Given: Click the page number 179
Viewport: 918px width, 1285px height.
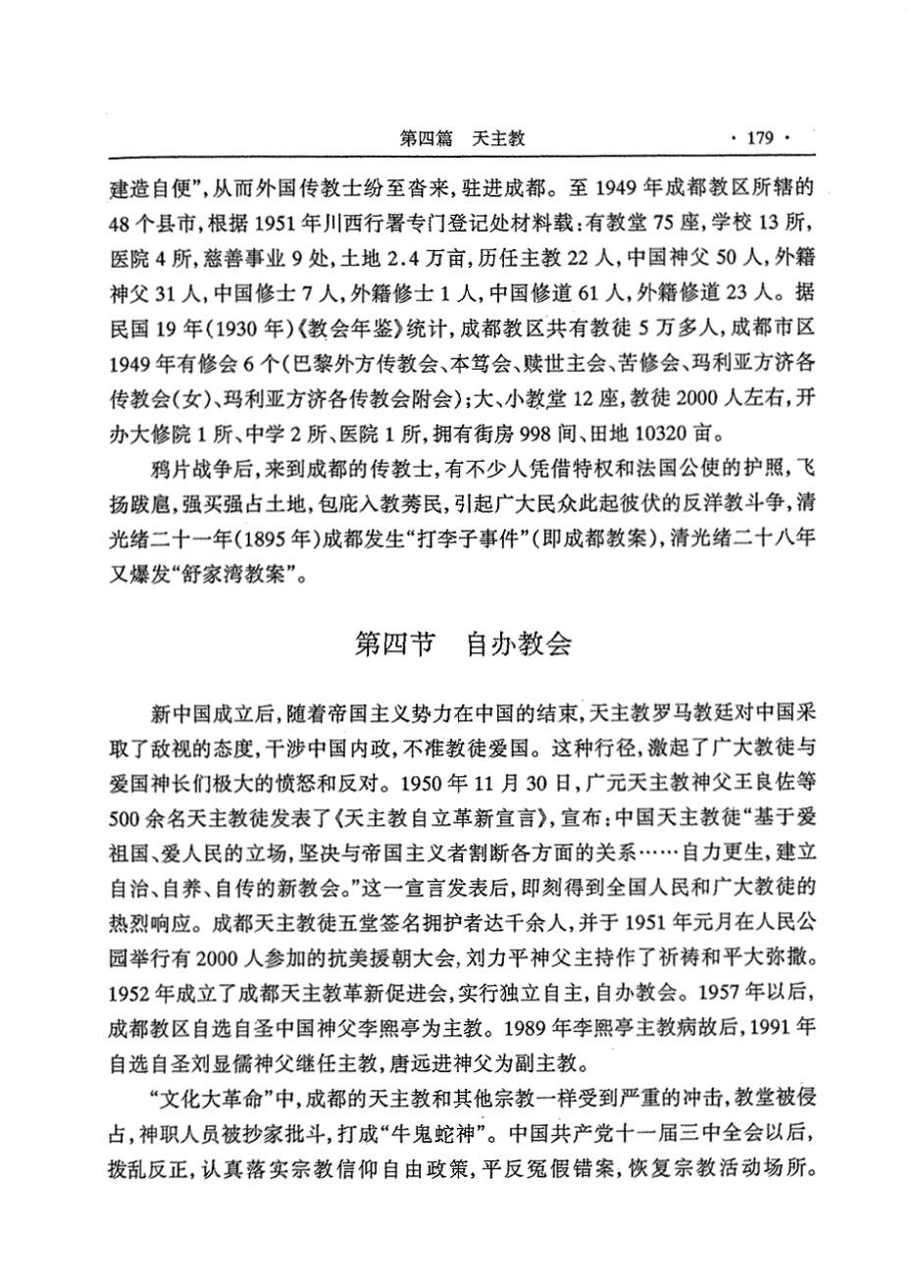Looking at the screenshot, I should point(761,138).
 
